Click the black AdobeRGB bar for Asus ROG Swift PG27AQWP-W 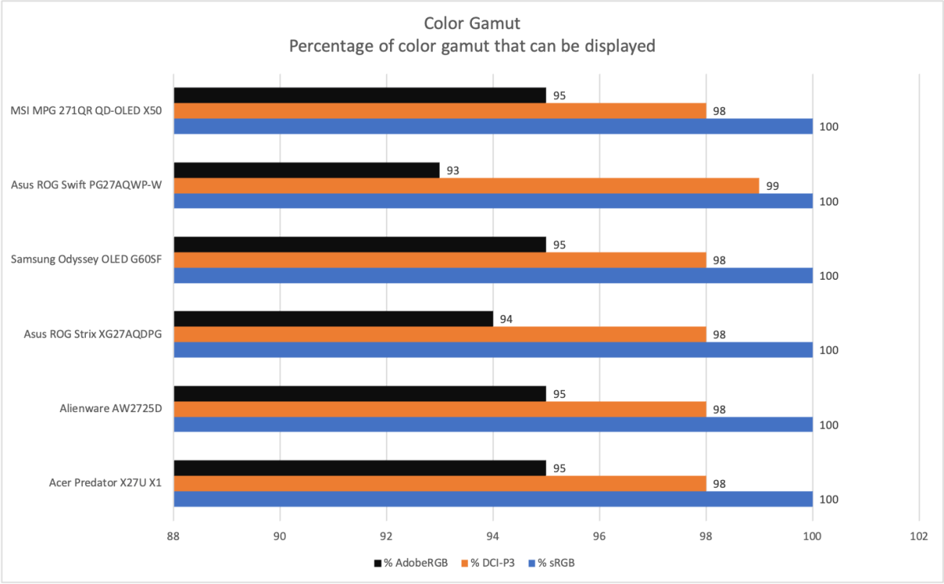tap(307, 170)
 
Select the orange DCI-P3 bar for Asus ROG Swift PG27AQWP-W tap(466, 186)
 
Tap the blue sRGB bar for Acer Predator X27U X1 tap(493, 499)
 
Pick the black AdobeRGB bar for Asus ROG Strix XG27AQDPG tap(333, 319)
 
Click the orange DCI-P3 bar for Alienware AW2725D tap(440, 409)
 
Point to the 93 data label tap(453, 171)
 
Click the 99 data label tap(773, 186)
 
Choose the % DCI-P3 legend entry tap(491, 564)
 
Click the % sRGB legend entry tap(563, 564)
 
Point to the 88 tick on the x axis tap(173, 536)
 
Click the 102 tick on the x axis tap(919, 536)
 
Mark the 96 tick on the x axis tap(600, 536)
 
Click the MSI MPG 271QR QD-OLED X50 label tap(87, 111)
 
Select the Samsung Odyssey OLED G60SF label tap(87, 260)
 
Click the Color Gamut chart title tap(472, 24)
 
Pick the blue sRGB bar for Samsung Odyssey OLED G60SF tap(493, 275)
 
